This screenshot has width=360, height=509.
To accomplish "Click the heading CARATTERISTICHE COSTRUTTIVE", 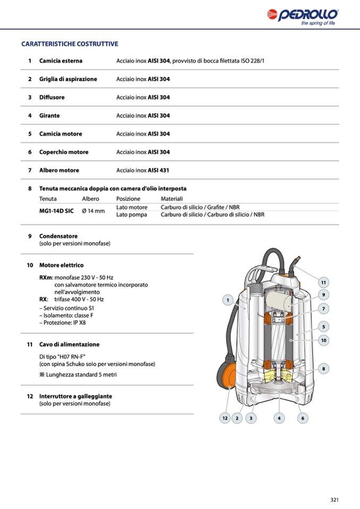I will pyautogui.click(x=70, y=44).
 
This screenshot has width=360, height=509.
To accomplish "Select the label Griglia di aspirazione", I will pyautogui.click(x=68, y=79).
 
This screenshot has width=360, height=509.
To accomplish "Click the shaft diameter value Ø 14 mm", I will pyautogui.click(x=93, y=211).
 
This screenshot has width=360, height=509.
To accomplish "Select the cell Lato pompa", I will pyautogui.click(x=131, y=214).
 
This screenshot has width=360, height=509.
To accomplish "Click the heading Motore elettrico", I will pyautogui.click(x=61, y=265).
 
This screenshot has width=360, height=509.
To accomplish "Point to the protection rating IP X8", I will pyautogui.click(x=79, y=322).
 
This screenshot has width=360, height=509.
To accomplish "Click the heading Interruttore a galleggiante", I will pyautogui.click(x=75, y=396).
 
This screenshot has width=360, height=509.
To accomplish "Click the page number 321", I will pyautogui.click(x=335, y=499).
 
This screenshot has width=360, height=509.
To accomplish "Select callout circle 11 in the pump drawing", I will pyautogui.click(x=323, y=282).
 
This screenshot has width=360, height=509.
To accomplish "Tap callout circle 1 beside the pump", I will pyautogui.click(x=227, y=301).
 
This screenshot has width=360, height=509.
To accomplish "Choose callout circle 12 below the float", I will pyautogui.click(x=225, y=418).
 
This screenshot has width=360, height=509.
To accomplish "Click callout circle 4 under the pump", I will pyautogui.click(x=279, y=418).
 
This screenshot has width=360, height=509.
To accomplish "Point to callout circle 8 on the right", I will pyautogui.click(x=323, y=368).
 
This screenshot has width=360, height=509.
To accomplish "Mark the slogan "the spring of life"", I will pyautogui.click(x=318, y=23).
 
